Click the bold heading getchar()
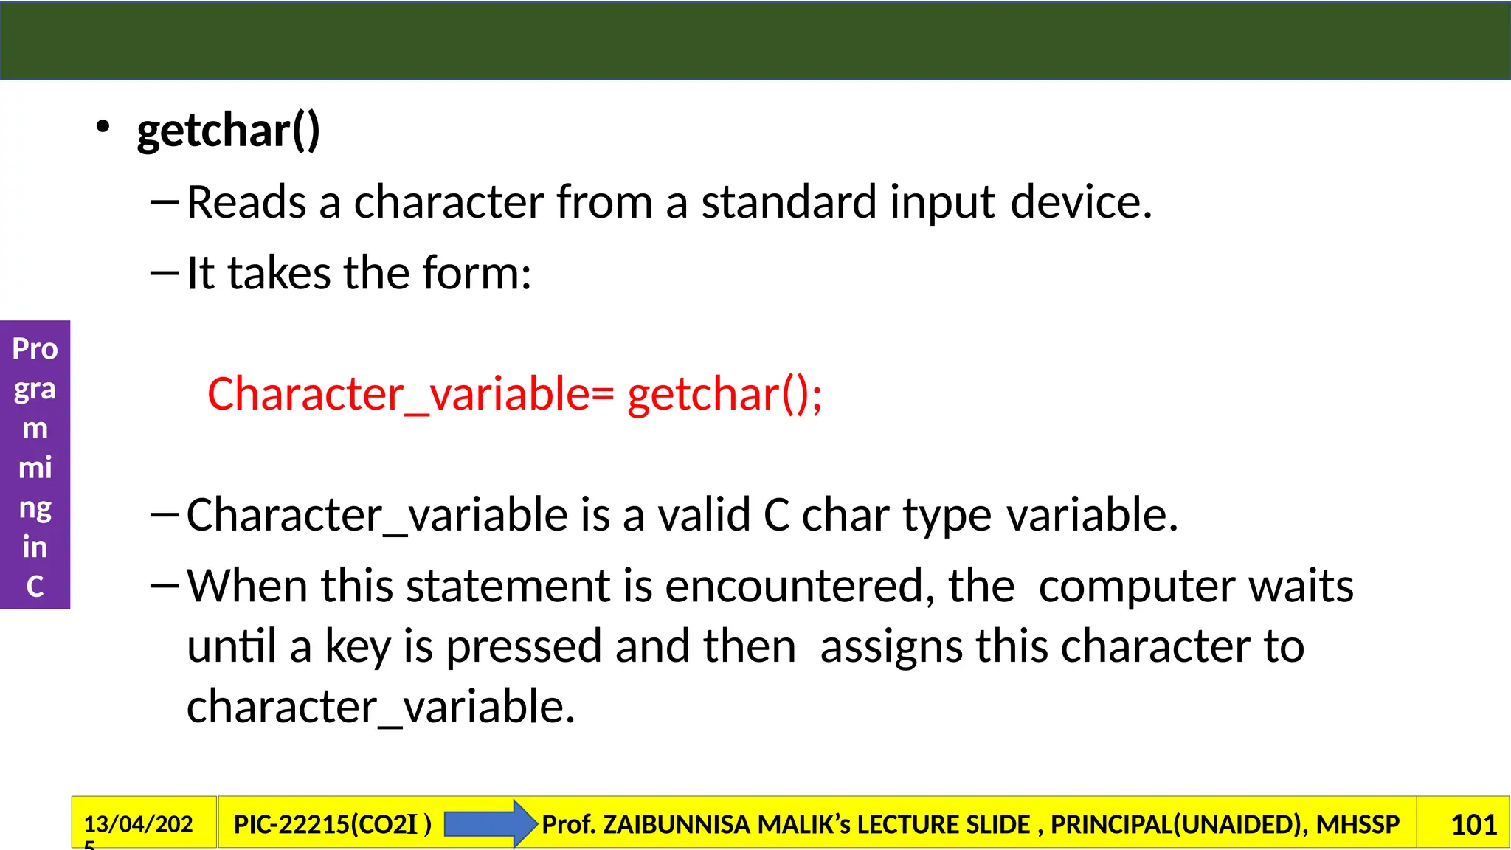pos(229,131)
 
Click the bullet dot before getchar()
pos(103,127)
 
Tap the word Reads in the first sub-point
pos(246,202)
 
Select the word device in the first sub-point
pos(1080,202)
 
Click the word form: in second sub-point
pos(477,273)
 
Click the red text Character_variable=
pos(410,394)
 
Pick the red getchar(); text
pos(725,394)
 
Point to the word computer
pos(1136,586)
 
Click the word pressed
pos(524,647)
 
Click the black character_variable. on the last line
pos(381,707)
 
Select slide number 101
pos(1473,824)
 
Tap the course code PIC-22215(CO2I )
pos(332,824)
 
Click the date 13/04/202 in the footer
pos(138,824)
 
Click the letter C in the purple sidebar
pos(35,587)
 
